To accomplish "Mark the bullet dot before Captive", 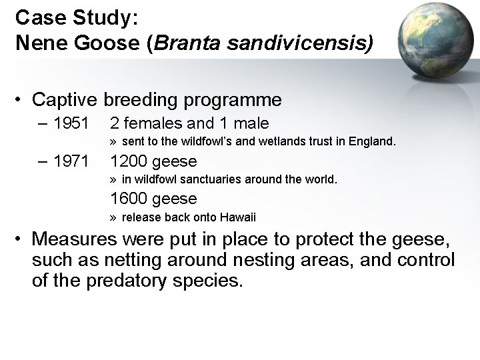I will pos(22,101).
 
